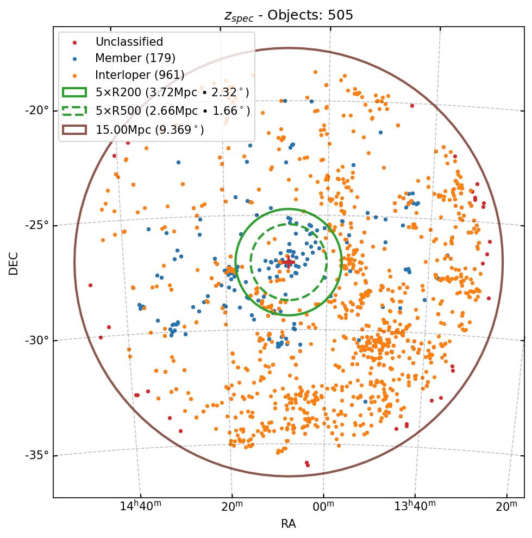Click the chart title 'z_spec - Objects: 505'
(x=289, y=15)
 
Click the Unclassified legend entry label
(x=129, y=42)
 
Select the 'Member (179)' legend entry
(x=135, y=58)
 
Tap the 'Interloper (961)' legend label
(x=140, y=75)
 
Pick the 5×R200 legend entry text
(x=172, y=92)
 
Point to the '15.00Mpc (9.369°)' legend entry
(x=150, y=129)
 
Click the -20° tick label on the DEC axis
(x=37, y=110)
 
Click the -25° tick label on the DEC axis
(x=37, y=225)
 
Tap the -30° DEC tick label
(x=37, y=340)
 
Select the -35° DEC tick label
(x=37, y=455)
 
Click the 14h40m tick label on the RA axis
(x=140, y=507)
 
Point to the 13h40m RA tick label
(x=415, y=507)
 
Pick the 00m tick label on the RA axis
(x=323, y=507)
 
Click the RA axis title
(x=289, y=524)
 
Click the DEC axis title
(x=14, y=263)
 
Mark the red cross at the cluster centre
(x=287, y=263)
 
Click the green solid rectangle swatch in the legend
(x=74, y=92)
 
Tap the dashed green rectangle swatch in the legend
(x=74, y=111)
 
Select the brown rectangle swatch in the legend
(x=74, y=129)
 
